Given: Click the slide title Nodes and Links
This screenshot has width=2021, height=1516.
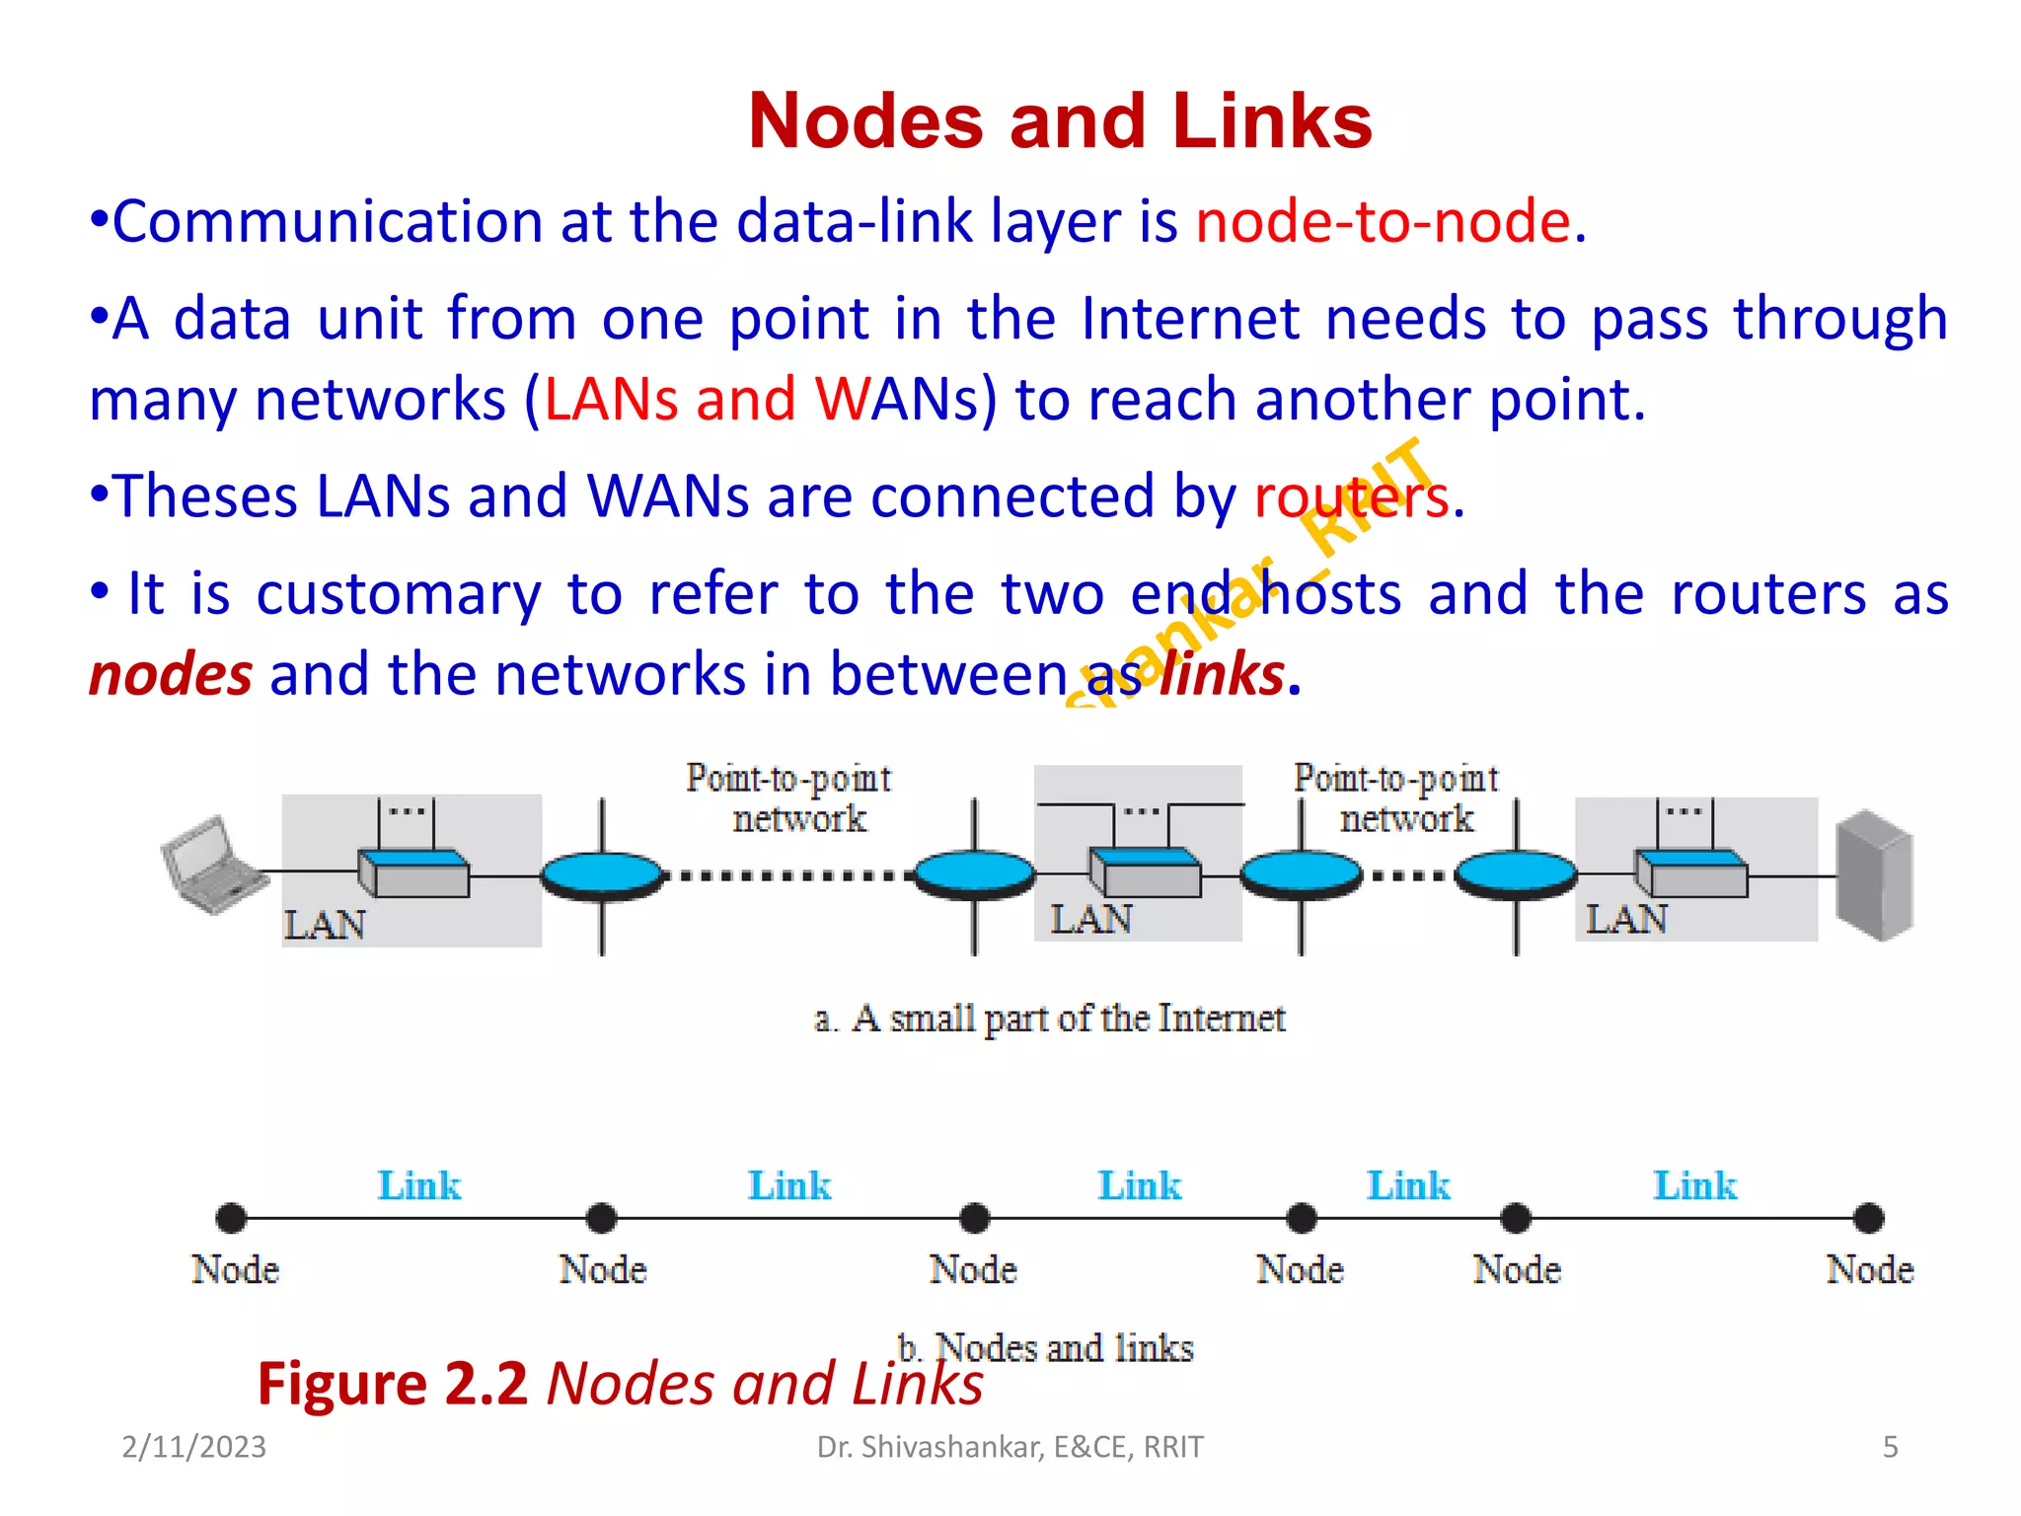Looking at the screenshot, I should tap(1060, 121).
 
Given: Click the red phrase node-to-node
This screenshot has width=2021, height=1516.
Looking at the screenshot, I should tap(1383, 220).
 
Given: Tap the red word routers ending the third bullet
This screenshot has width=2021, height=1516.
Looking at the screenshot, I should tap(1350, 495).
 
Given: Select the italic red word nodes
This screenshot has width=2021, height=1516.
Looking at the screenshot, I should tap(171, 675).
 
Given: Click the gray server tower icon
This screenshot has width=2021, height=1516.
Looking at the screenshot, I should tap(1873, 874).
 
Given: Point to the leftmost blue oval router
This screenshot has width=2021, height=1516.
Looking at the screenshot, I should tap(602, 875).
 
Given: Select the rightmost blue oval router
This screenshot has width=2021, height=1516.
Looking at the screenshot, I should tap(1515, 875).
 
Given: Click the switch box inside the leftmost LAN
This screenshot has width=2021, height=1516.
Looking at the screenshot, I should tap(413, 873).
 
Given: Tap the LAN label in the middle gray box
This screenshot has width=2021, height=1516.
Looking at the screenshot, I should tap(1090, 919).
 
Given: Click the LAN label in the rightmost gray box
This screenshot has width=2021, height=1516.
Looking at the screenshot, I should tap(1625, 919).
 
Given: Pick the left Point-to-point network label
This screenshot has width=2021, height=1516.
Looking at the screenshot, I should tap(789, 798).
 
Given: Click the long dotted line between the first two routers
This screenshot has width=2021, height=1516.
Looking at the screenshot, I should tap(789, 875).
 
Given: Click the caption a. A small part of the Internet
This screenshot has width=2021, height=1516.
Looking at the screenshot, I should tap(1049, 1019).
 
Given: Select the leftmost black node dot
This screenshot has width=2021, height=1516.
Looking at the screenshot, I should tap(231, 1218).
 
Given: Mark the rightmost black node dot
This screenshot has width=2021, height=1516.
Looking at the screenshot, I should tap(1868, 1218).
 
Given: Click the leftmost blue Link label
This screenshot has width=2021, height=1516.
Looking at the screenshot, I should tap(419, 1185).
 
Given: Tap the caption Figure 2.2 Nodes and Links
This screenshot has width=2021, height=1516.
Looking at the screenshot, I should tap(620, 1384).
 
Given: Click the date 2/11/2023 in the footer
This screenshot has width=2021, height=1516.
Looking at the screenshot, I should tap(193, 1447).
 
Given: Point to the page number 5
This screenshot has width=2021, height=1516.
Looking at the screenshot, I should tap(1890, 1447).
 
